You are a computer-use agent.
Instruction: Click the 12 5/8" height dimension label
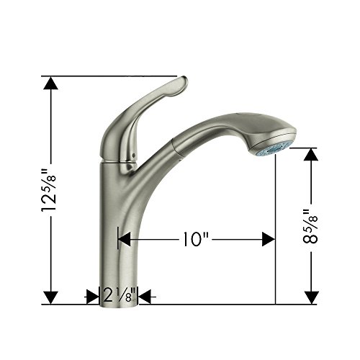point(49,190)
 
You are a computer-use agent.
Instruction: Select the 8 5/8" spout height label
point(310,226)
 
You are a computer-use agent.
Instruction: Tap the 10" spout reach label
point(195,239)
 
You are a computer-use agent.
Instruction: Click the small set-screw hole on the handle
point(133,155)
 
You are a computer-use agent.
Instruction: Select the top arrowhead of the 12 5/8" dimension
point(50,83)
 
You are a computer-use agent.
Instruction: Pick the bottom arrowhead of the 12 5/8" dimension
point(50,297)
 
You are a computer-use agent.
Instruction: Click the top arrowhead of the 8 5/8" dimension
point(311,154)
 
